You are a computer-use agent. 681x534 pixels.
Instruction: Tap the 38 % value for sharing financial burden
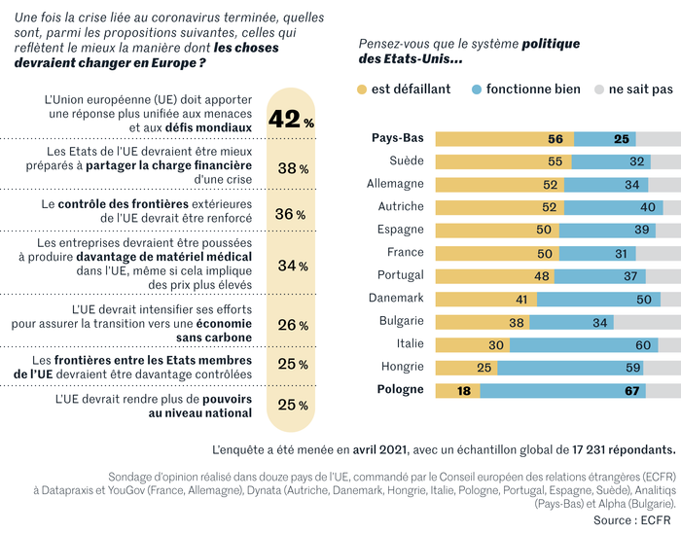coord(293,168)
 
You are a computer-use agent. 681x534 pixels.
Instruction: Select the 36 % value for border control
coord(290,214)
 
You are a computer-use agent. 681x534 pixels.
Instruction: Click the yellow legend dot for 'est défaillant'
coord(362,89)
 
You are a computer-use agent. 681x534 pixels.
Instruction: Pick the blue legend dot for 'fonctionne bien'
coord(476,89)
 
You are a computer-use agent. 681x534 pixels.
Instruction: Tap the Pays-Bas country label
coord(398,138)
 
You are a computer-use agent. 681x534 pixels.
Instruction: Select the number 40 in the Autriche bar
coord(647,207)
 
